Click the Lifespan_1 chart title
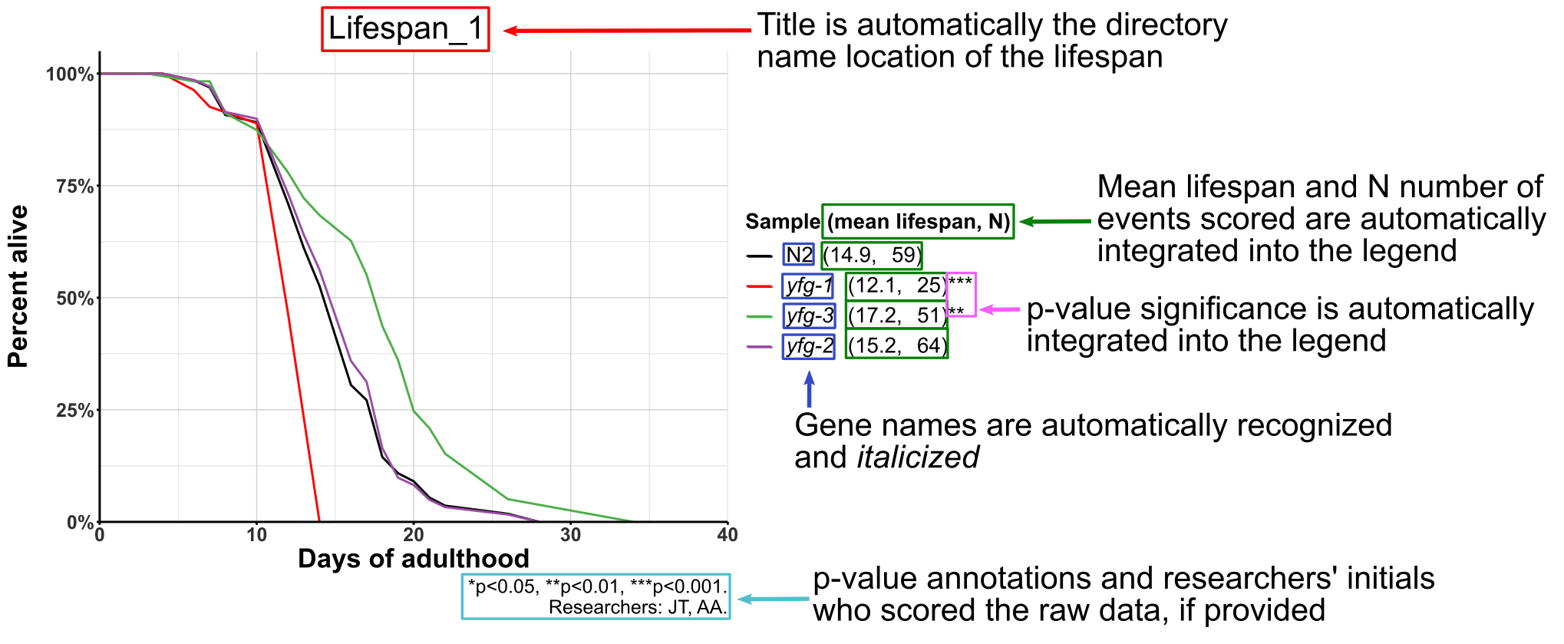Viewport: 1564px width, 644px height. point(405,29)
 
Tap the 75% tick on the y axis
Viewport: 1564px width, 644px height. point(74,187)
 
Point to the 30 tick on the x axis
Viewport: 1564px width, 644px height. point(570,535)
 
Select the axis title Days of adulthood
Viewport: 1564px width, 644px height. point(413,559)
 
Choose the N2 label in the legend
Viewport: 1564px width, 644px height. point(798,255)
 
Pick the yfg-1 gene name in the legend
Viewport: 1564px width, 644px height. point(809,286)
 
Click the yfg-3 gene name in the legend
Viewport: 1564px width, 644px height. point(809,315)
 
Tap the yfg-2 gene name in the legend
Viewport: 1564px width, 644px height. point(809,346)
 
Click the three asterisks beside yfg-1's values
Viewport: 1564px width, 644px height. point(960,282)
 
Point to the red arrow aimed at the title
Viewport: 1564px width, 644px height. point(626,31)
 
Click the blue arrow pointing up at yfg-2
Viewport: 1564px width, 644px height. point(809,389)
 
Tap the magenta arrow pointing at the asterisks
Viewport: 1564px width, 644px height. point(999,309)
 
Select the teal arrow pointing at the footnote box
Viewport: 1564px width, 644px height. point(773,599)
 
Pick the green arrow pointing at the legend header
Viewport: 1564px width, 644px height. point(1054,221)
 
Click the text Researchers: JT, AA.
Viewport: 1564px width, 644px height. point(637,608)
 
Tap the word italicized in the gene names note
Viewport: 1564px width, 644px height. point(918,457)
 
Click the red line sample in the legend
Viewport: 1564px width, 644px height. point(759,286)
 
